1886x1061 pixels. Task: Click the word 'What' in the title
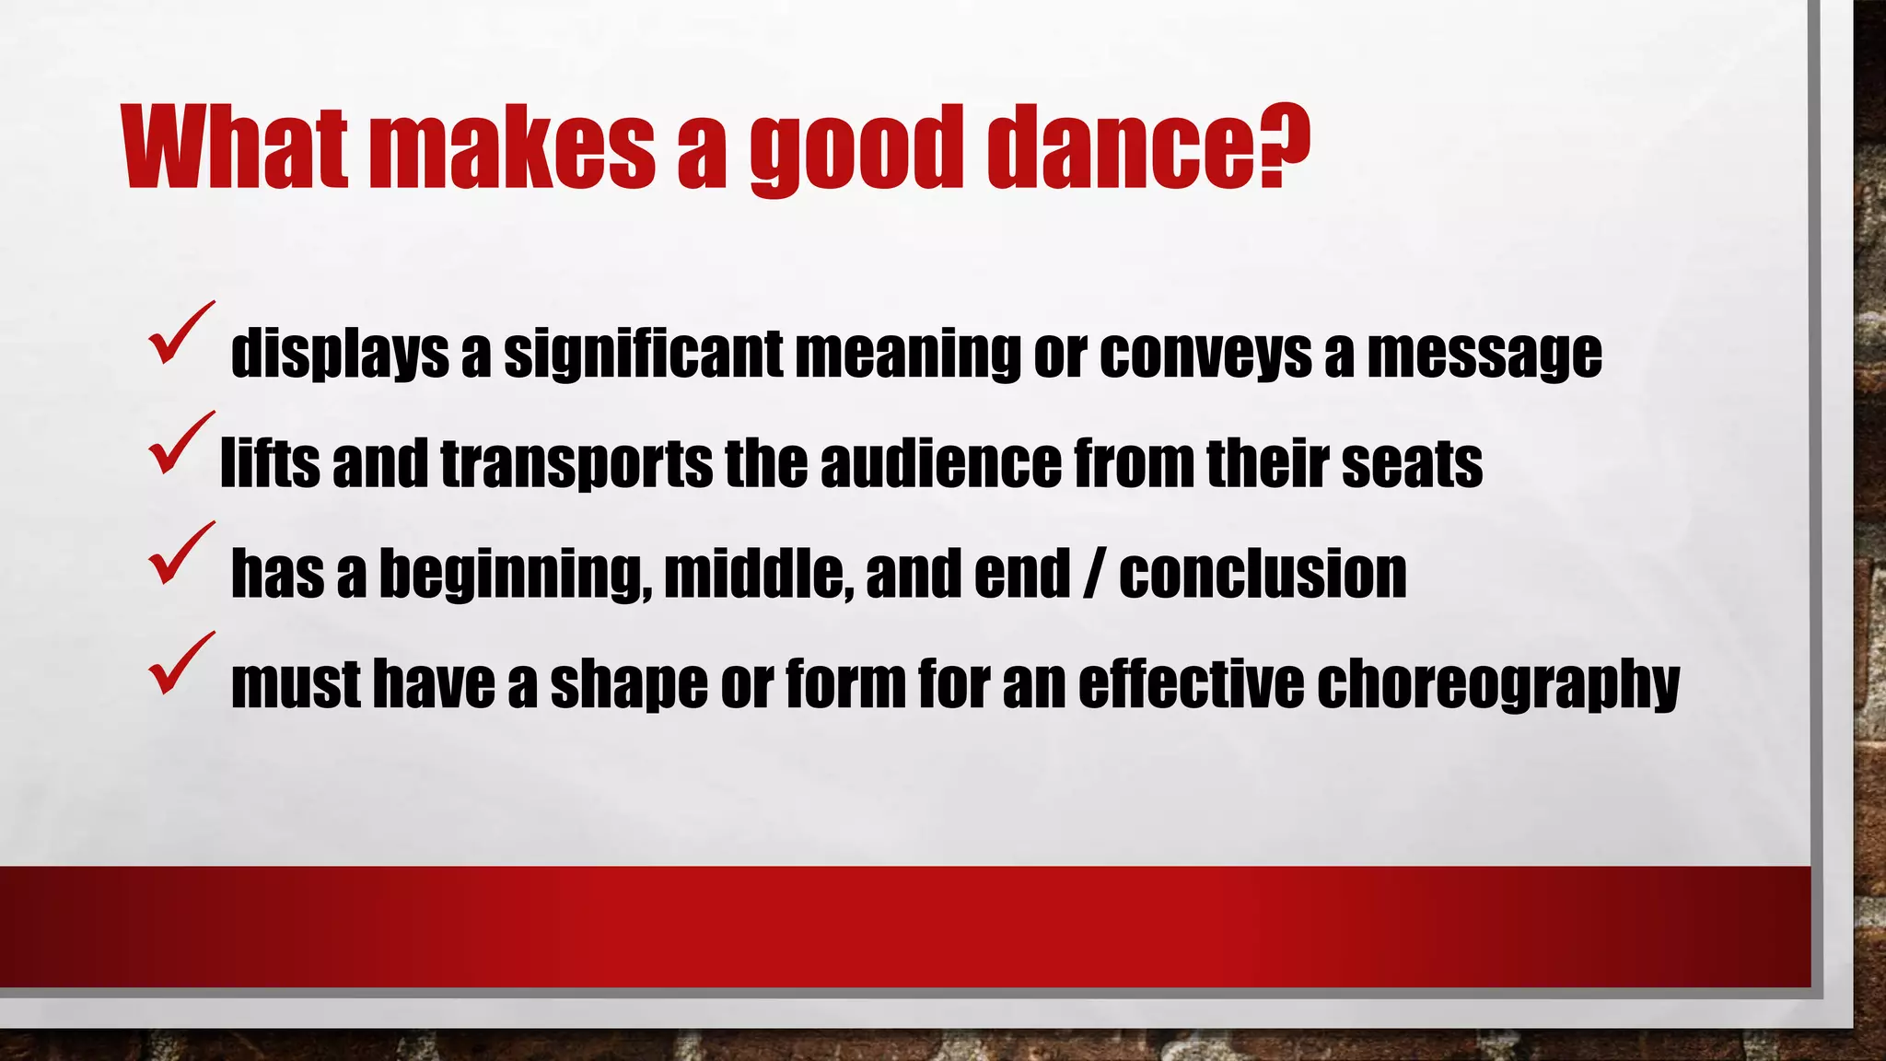point(235,147)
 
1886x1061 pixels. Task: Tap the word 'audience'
point(940,463)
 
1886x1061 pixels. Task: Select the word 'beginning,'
point(516,575)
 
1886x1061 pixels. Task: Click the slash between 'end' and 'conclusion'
point(1094,573)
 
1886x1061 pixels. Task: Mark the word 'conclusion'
point(1263,573)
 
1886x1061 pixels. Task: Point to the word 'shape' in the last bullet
point(629,684)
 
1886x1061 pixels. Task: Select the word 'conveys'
point(1205,354)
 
